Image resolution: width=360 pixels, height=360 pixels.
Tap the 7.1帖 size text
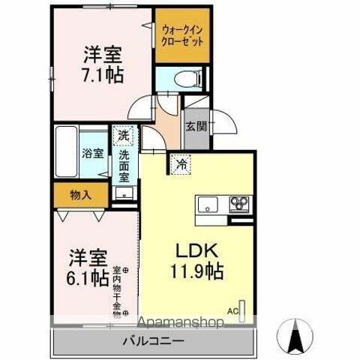point(103,75)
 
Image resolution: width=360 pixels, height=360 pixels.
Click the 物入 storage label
point(82,195)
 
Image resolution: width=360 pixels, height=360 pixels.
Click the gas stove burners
point(240,203)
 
